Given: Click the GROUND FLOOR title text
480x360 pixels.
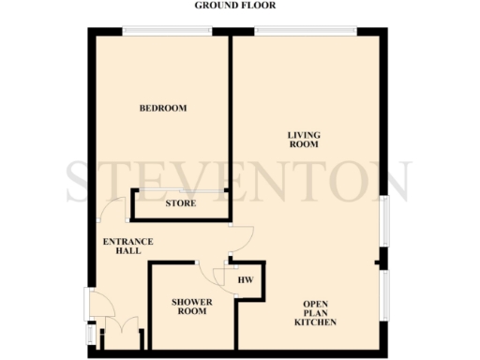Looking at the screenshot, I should point(235,6).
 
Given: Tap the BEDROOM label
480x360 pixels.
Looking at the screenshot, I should point(163,109).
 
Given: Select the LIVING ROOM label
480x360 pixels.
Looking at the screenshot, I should point(304,141).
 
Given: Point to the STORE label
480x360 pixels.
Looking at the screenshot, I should point(180,203).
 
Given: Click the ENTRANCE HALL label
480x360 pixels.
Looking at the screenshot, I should point(127,247).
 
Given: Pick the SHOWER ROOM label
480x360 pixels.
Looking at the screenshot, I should point(190,307).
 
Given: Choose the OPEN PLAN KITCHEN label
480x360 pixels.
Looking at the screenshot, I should point(316,313).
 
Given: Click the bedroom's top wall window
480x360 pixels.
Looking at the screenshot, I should point(167,31).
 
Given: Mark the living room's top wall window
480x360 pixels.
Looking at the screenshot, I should point(306,31).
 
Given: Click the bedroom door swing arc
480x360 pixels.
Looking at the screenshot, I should point(114,211).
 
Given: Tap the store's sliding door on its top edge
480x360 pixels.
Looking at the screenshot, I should point(180,192).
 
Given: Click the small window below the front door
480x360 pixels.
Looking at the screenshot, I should point(89,333).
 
